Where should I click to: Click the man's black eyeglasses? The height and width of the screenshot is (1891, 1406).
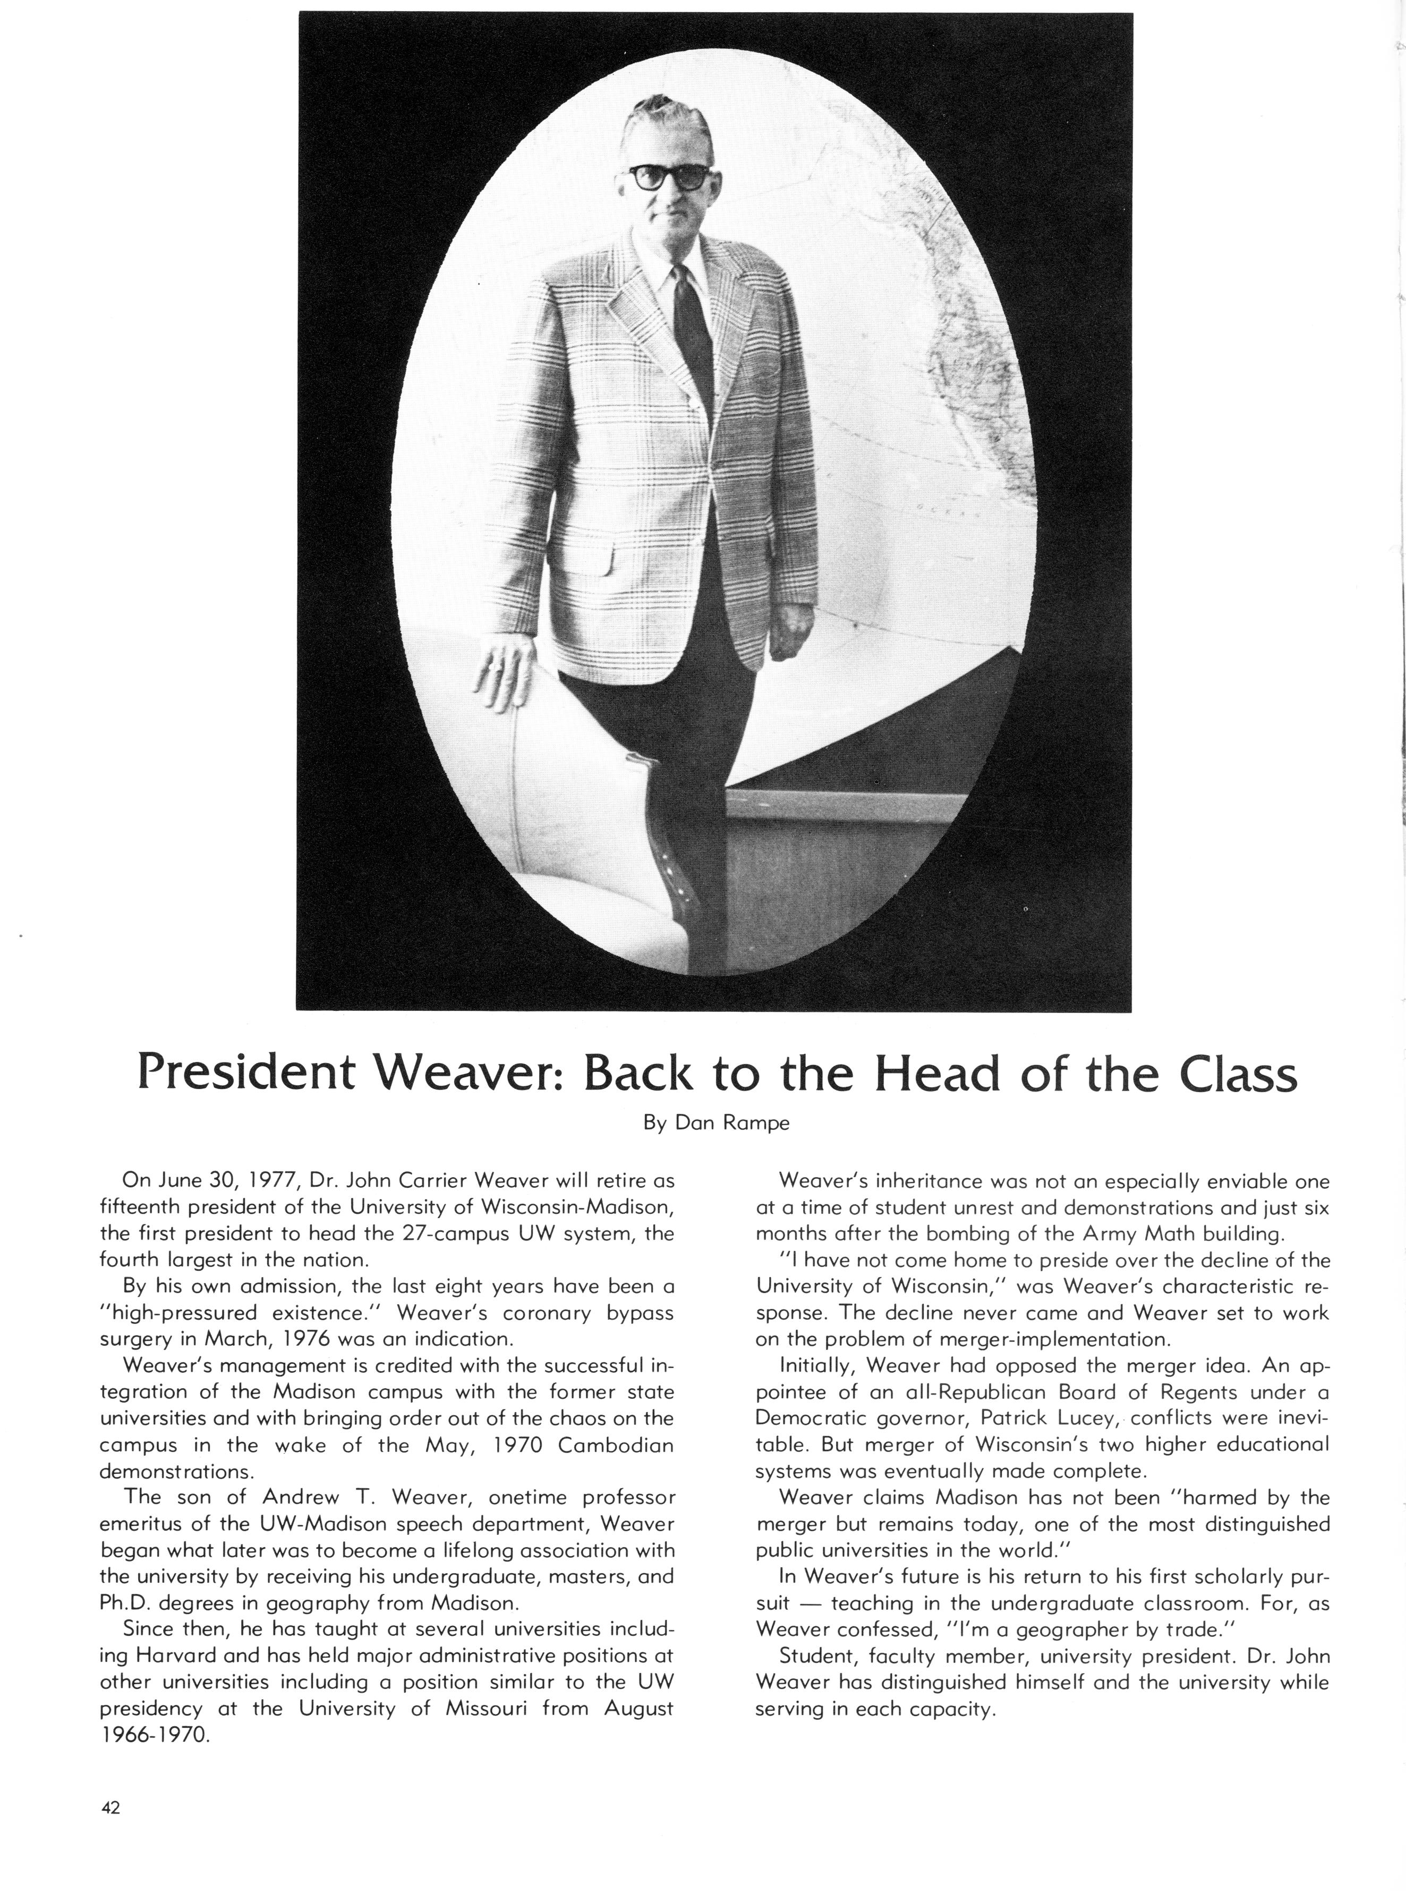click(668, 177)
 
